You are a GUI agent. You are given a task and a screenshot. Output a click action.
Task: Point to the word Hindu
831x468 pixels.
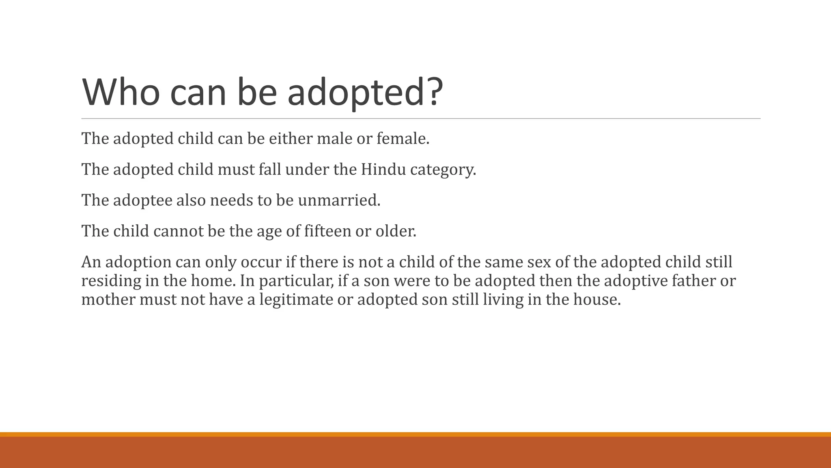pyautogui.click(x=383, y=169)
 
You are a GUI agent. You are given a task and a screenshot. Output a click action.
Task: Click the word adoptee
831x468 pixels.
pyautogui.click(x=142, y=200)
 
